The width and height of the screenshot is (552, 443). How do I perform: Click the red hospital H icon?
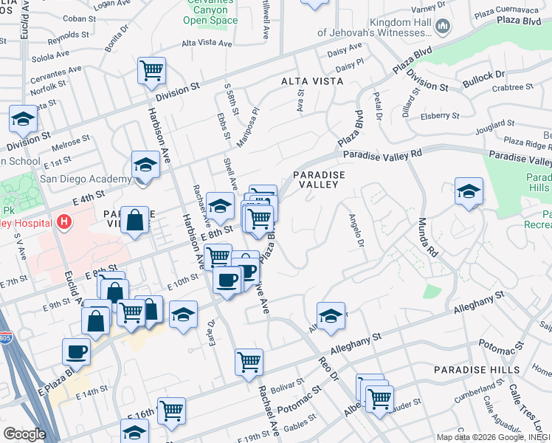pos(66,221)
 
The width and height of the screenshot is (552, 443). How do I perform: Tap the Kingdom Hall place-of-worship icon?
pos(443,27)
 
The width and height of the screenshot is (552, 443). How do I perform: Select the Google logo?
pos(24,434)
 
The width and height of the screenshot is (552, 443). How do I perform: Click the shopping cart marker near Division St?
pos(151,71)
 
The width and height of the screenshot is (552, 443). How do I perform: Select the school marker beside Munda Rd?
pos(469,191)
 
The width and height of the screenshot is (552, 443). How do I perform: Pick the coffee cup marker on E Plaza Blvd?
pos(76,351)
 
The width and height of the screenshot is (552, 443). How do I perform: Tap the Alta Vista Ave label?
pos(207,44)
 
